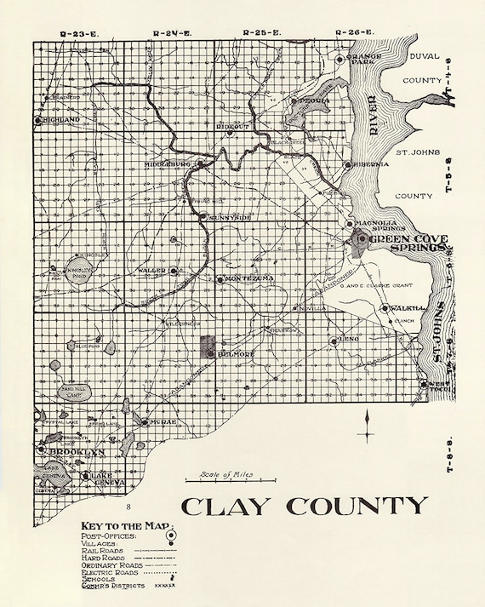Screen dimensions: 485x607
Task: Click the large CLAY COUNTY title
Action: pos(303,506)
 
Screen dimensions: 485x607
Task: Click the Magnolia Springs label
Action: pos(378,225)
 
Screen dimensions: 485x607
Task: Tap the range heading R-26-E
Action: pos(354,32)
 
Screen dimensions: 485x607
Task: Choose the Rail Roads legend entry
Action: pos(100,550)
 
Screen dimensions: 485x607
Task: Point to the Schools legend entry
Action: pos(97,579)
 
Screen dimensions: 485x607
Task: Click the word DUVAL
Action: pos(425,56)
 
